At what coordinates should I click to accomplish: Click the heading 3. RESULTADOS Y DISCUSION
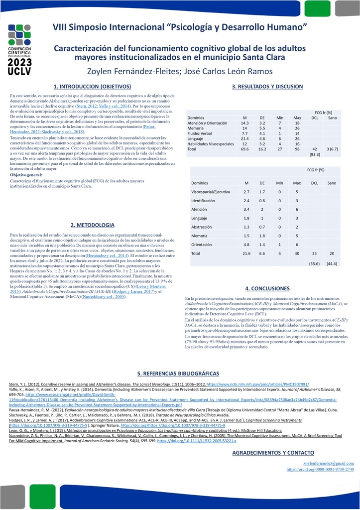click(x=267, y=86)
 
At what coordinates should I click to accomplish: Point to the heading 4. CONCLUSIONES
click(x=267, y=288)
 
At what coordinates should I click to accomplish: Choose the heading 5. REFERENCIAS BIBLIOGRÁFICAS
click(x=178, y=374)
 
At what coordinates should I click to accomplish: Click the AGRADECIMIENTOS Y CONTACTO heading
click(x=273, y=452)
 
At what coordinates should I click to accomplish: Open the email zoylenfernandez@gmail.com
click(x=329, y=463)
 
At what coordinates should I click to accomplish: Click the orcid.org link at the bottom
click(x=320, y=469)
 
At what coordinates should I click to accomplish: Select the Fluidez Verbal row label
click(x=200, y=133)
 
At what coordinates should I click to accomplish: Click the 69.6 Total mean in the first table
click(x=244, y=149)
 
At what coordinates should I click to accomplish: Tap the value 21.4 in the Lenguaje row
click(x=244, y=139)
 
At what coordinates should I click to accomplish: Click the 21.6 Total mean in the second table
click(x=246, y=254)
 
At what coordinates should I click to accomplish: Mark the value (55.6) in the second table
click(x=314, y=263)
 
